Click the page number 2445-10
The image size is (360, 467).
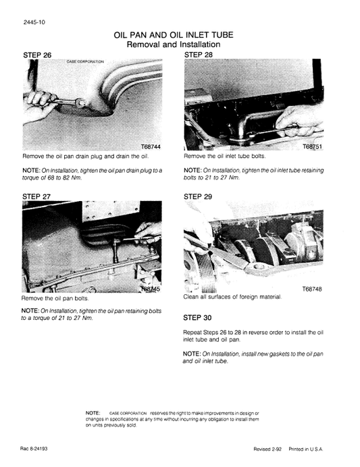tap(34, 22)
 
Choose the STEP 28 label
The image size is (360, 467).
tap(198, 54)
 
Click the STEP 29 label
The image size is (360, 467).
tap(198, 196)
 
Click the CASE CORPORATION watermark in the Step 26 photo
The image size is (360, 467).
tap(85, 61)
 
